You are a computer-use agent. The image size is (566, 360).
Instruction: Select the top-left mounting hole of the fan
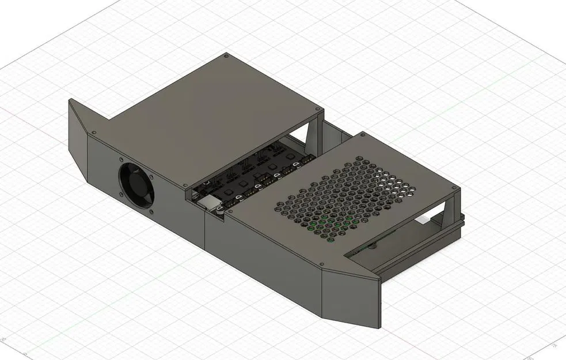tap(121, 161)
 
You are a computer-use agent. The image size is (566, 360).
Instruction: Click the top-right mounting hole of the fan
tap(151, 177)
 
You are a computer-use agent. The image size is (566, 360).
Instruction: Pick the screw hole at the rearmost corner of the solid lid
tap(225, 57)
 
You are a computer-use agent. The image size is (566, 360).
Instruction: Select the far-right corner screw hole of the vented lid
tap(454, 188)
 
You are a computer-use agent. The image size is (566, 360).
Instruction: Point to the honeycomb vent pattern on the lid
tap(345, 196)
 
